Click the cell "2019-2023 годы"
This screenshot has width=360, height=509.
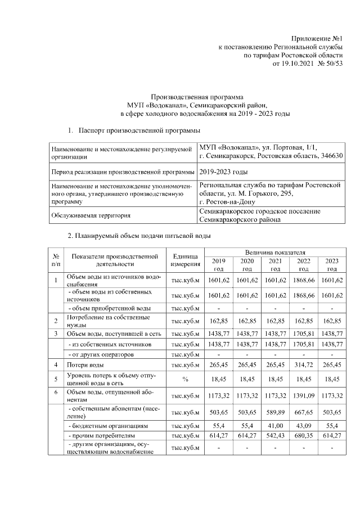click(224, 171)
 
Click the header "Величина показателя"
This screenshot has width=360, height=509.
click(275, 254)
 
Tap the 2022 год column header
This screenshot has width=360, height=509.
click(304, 264)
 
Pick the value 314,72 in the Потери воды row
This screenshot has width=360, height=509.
click(304, 365)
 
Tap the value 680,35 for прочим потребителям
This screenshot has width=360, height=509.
click(304, 436)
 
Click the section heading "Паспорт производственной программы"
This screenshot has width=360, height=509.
click(139, 130)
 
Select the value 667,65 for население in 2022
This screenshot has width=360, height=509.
click(304, 413)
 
